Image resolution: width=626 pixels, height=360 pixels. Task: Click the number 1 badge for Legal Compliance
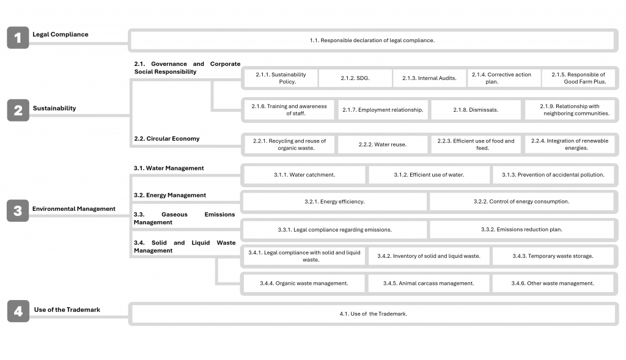point(18,38)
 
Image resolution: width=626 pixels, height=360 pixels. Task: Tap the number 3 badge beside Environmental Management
point(18,211)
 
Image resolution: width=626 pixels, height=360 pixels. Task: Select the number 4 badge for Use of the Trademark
point(18,312)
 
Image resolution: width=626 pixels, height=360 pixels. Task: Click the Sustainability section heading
point(54,108)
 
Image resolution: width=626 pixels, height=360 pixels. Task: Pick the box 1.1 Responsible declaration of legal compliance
point(372,40)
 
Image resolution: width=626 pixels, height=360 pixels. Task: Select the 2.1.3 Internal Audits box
point(429,78)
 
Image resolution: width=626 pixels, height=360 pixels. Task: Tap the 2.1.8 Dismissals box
point(476,110)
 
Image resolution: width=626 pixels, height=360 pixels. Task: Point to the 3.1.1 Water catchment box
point(304,175)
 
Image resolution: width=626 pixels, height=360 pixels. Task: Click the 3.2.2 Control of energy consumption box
point(521,202)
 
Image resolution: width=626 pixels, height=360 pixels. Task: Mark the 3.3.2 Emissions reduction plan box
point(521,230)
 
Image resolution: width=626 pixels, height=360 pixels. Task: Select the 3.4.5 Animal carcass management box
point(429,284)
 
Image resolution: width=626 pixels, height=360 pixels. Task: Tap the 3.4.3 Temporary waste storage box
point(553,256)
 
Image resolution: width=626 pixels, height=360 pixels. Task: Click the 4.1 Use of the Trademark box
point(373,314)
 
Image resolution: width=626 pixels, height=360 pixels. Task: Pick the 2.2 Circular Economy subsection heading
point(166,139)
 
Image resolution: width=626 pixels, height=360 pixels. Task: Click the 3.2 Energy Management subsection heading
point(169,196)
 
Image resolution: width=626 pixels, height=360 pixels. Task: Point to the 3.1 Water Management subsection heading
point(169,168)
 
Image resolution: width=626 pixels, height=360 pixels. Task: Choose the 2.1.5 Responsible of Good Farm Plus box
point(578,78)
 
